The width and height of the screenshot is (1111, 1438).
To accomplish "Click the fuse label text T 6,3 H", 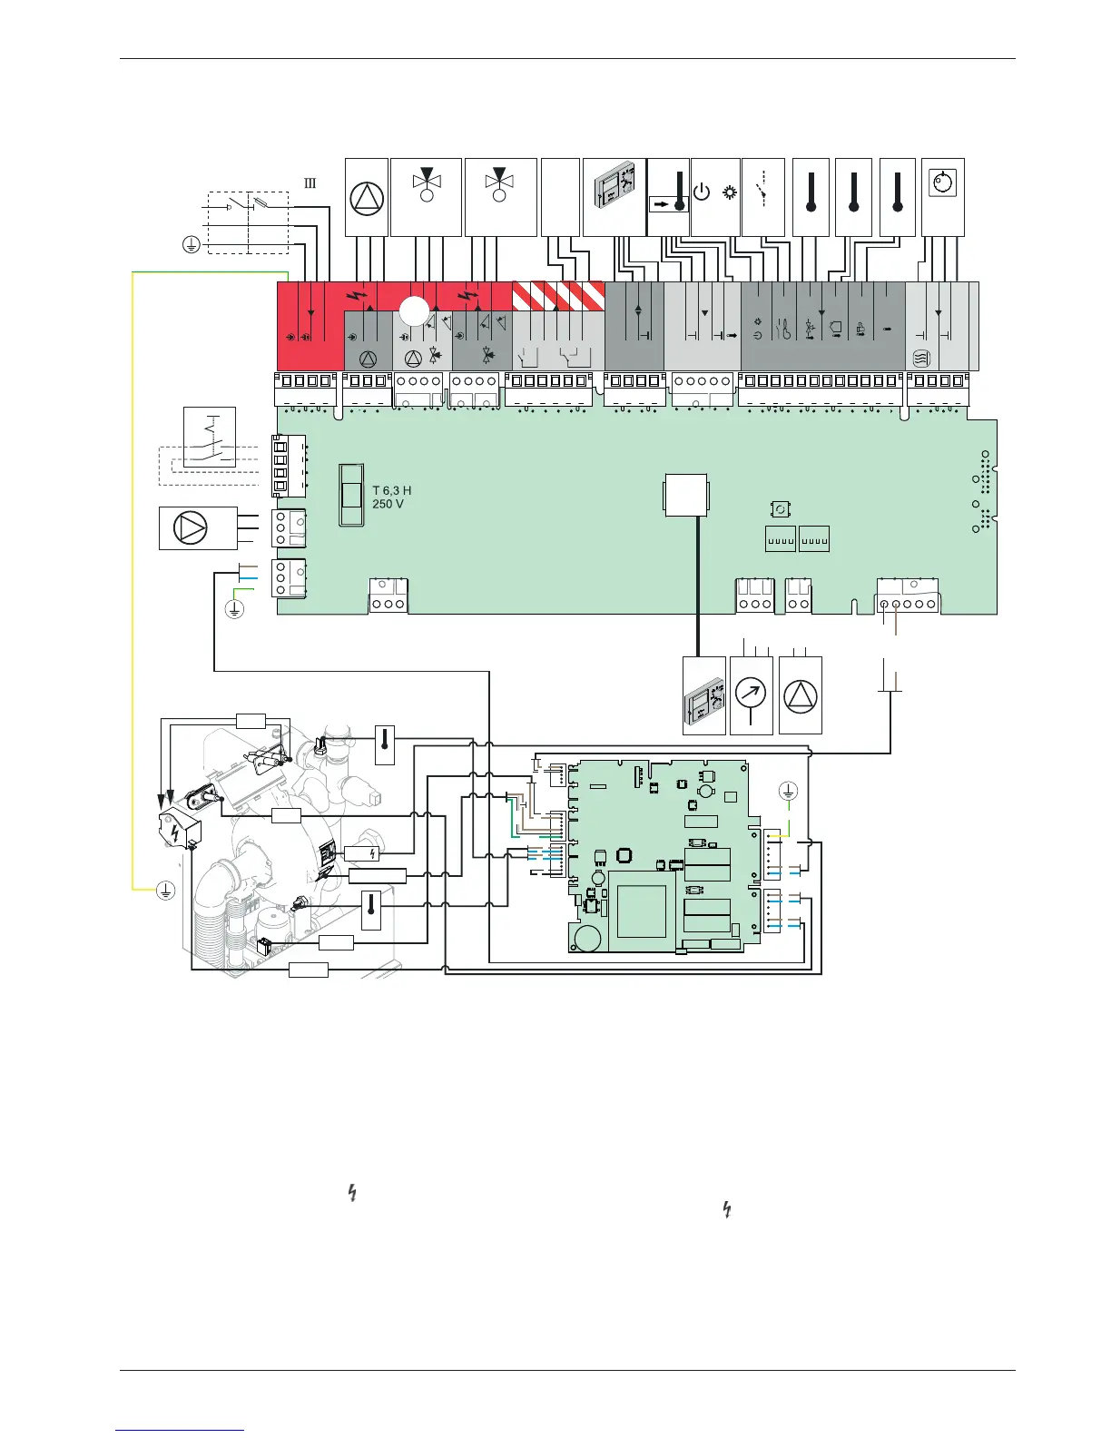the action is [x=392, y=490].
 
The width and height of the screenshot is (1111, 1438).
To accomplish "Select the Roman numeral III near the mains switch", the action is [x=310, y=183].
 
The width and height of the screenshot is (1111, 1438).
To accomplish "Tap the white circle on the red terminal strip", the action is [x=415, y=311].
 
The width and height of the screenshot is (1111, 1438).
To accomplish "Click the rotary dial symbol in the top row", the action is [x=943, y=182].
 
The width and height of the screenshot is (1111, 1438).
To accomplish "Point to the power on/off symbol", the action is [x=702, y=192].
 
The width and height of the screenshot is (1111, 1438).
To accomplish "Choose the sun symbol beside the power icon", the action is [x=730, y=192].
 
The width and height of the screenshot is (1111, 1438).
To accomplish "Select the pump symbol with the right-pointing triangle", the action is [x=190, y=528].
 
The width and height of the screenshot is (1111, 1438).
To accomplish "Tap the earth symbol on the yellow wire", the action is [x=165, y=891].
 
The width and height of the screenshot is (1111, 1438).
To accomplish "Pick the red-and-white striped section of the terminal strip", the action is [x=558, y=296].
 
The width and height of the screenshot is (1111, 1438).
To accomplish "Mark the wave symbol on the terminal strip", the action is [x=921, y=358].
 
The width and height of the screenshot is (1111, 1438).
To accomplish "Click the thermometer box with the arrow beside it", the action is [x=668, y=197].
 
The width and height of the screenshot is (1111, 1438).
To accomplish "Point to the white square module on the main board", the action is [x=685, y=495].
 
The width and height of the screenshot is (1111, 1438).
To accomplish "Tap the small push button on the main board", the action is [x=781, y=509].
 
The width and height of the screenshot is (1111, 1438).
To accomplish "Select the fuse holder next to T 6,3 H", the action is [x=351, y=495].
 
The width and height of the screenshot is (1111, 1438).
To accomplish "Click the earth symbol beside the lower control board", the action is [x=788, y=790].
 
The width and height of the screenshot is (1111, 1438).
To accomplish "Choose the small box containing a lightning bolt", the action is [x=362, y=853].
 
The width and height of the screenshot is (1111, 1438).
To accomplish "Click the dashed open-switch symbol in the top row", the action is [x=763, y=187].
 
